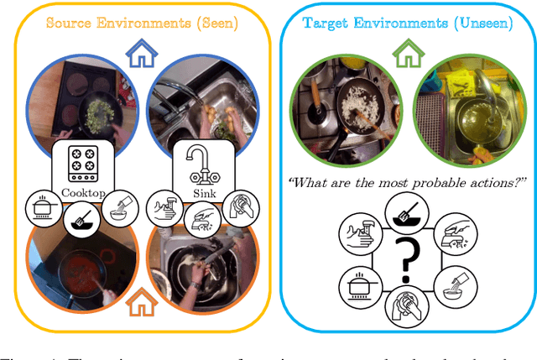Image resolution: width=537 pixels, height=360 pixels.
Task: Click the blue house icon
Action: pos(143,56)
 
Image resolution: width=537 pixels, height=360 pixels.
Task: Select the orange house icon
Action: pos(143,299)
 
